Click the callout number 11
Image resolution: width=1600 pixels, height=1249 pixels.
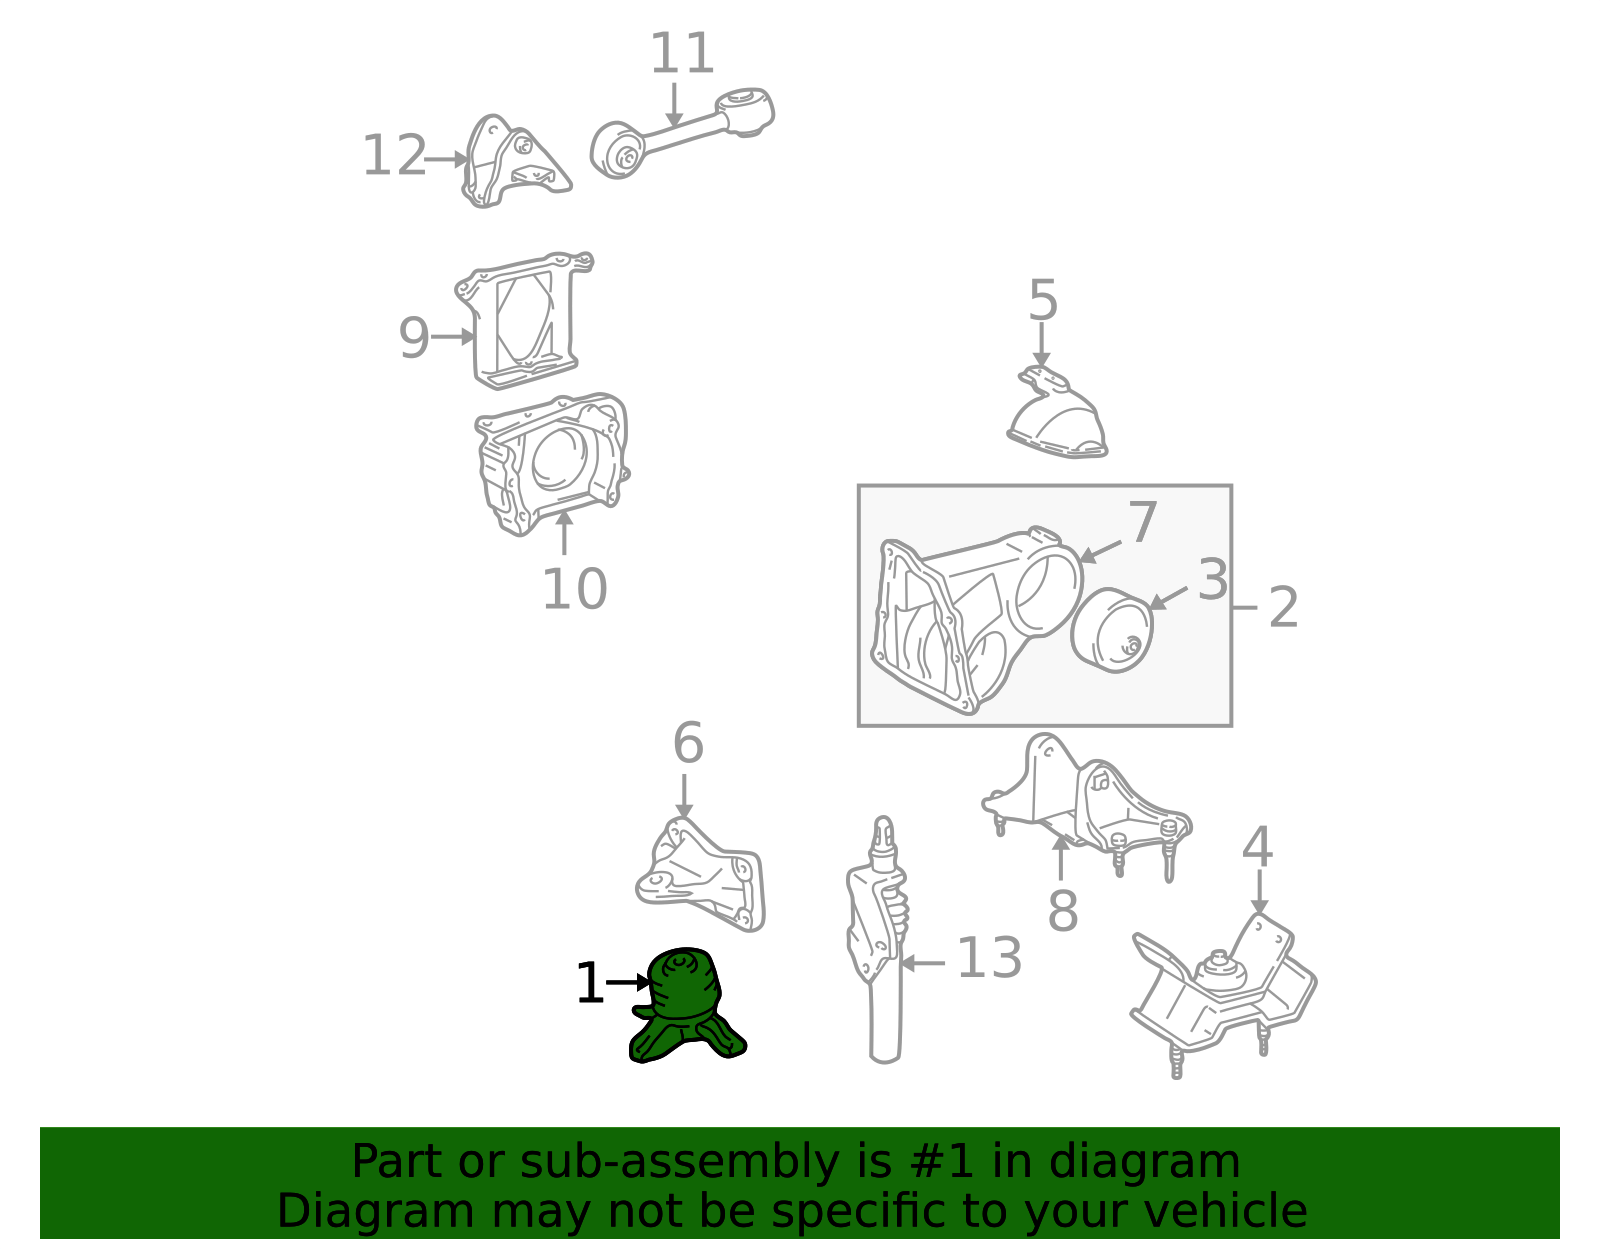682,54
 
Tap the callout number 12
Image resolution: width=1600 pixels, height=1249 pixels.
395,156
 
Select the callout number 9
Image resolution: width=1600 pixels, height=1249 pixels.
413,338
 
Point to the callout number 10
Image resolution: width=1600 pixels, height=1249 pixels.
574,590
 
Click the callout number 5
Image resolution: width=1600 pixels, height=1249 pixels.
1043,300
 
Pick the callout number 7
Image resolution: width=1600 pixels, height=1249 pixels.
1142,523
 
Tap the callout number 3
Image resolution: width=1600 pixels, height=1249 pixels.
1213,580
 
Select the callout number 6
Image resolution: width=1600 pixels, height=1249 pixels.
688,743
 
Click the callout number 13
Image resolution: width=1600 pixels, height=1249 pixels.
989,958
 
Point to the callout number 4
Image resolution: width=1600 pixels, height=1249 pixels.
1257,847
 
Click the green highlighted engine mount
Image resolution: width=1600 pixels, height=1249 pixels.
688,1005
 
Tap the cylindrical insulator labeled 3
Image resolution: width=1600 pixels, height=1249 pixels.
1112,631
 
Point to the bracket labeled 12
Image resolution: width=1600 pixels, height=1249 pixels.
515,161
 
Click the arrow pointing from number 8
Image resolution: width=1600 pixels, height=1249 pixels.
1060,859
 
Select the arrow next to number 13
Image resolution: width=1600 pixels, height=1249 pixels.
923,963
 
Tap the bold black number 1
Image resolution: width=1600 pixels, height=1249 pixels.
590,983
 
